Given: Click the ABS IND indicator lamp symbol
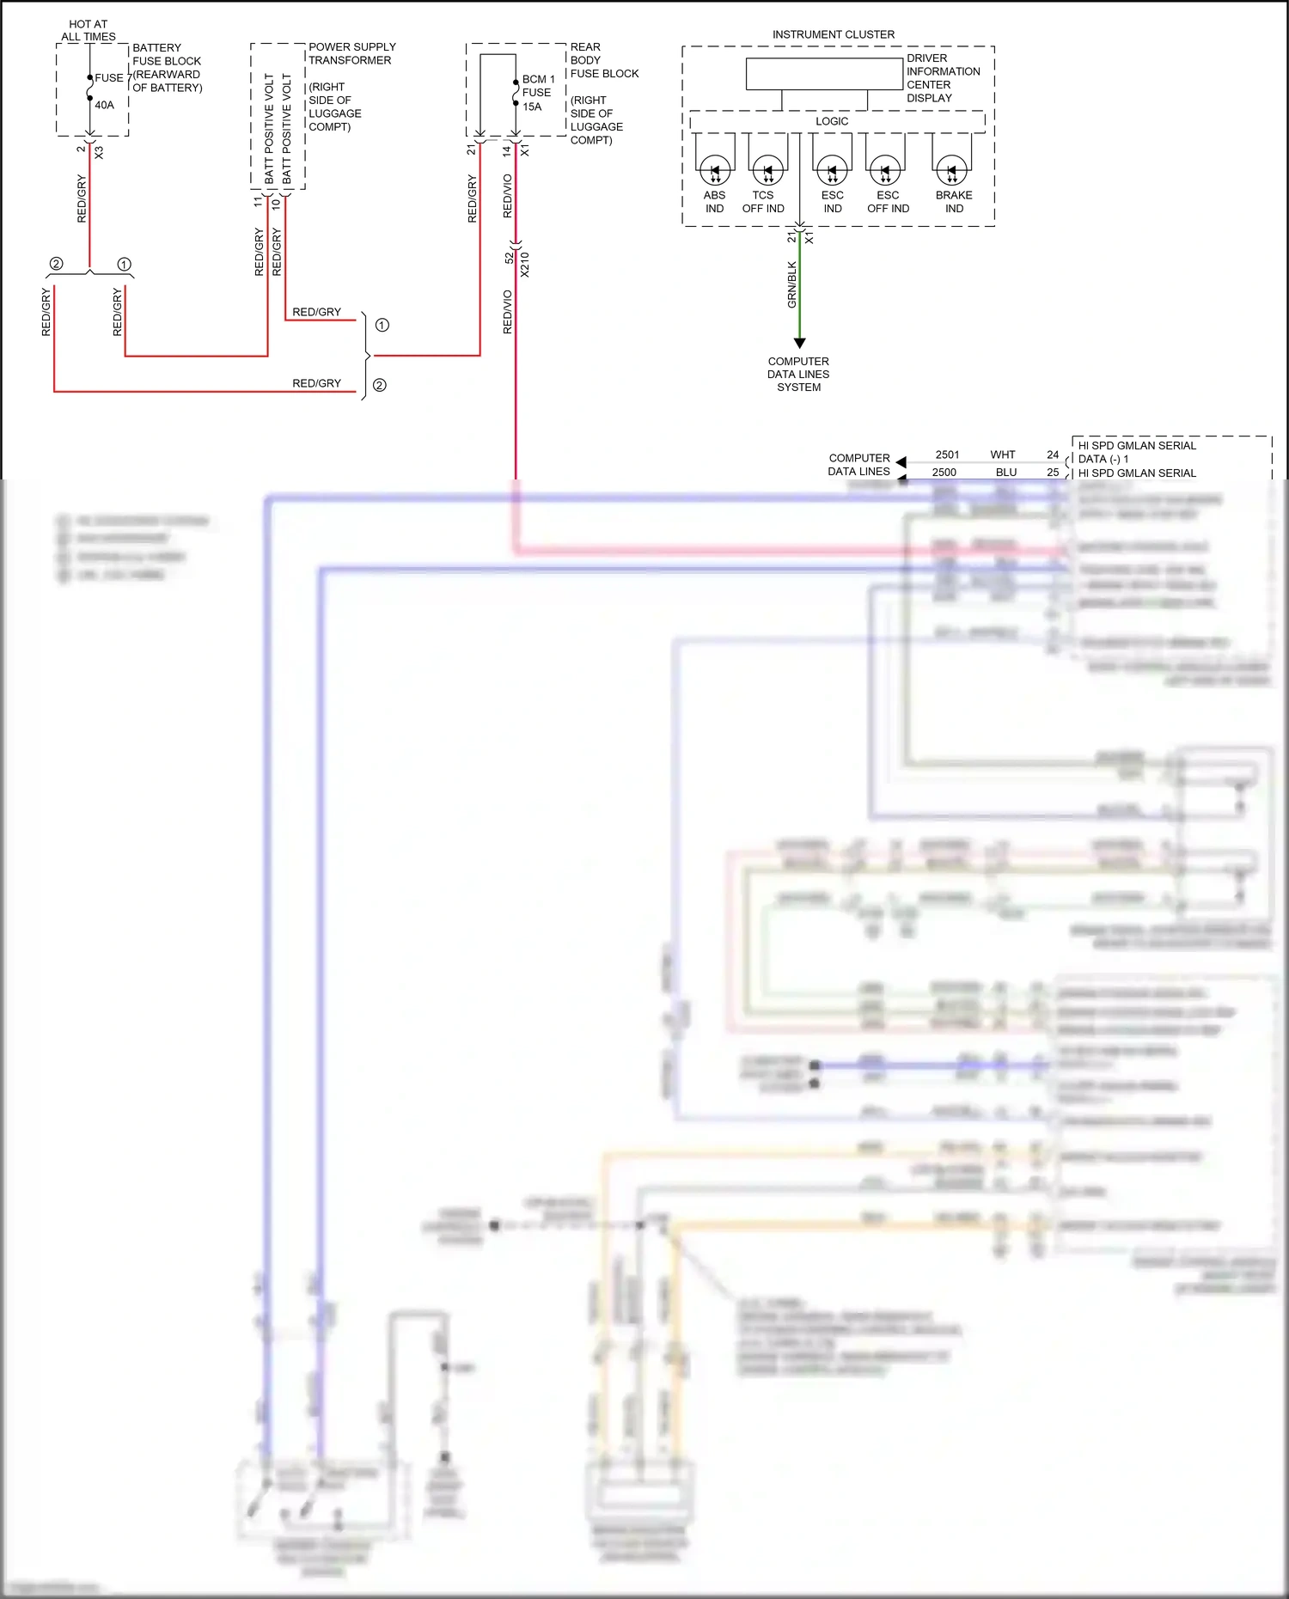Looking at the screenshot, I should [715, 170].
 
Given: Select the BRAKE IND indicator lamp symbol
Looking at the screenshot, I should [951, 170].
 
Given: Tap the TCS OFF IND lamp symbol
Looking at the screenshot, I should [767, 170].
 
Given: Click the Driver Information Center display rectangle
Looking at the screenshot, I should [823, 74].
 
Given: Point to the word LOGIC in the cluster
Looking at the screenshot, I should [831, 121].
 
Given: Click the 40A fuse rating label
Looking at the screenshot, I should [104, 105].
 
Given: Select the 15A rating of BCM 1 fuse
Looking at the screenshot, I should [532, 107].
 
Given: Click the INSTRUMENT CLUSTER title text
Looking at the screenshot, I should [833, 34].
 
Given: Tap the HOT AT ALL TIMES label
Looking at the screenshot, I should [88, 30].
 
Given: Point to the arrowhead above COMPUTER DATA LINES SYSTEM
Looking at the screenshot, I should [799, 343].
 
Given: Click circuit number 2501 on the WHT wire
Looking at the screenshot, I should [947, 455].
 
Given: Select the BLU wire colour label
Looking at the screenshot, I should [1005, 472].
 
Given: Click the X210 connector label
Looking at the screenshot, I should [525, 264].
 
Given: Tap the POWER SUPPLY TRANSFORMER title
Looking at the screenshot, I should [351, 53].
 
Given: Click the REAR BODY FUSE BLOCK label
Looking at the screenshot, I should [603, 60].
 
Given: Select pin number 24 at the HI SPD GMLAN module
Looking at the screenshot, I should [1052, 455].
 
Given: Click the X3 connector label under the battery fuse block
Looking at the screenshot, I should [99, 152].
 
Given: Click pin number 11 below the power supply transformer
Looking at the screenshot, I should [257, 201].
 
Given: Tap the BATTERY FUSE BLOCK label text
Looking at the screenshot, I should [166, 54].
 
